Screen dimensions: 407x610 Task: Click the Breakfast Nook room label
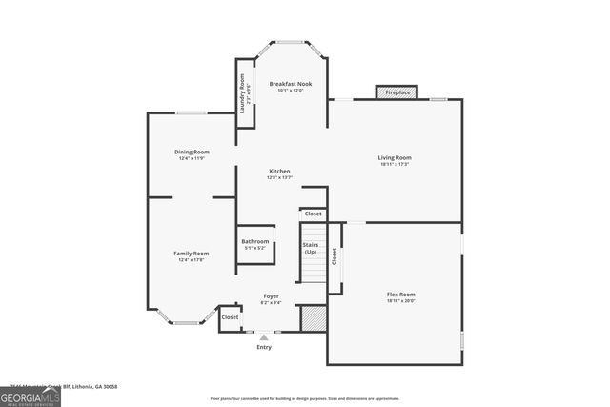coord(291,84)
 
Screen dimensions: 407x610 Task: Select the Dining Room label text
coord(193,152)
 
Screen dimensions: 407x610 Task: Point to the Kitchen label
coord(279,172)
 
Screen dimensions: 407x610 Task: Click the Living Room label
coord(395,157)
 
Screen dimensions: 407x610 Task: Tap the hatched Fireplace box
coord(396,92)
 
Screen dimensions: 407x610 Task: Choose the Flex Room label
coord(400,295)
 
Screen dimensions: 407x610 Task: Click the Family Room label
coord(192,254)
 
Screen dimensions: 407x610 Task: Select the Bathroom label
coord(254,241)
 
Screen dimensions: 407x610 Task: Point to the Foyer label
coord(272,296)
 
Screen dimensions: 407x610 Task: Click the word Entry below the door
coord(264,347)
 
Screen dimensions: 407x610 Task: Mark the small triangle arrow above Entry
coord(264,336)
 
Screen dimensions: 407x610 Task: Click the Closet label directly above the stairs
coord(314,214)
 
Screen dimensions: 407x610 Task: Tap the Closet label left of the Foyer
coord(230,317)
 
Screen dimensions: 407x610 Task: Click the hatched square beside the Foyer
coord(313,318)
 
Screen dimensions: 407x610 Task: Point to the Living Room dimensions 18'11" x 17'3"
coord(395,164)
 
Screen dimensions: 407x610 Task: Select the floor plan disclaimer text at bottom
coord(305,398)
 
